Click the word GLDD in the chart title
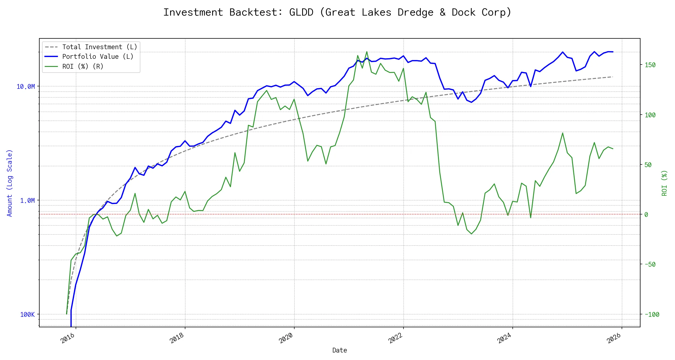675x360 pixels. (x=301, y=12)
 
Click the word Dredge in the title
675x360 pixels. (x=415, y=12)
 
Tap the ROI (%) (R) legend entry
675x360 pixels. (x=83, y=66)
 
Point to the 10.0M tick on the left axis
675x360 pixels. (x=25, y=87)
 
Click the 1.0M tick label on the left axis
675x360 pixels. (x=27, y=200)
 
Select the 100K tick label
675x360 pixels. (x=27, y=314)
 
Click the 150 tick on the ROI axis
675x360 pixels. (x=650, y=65)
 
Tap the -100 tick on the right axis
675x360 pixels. (x=652, y=314)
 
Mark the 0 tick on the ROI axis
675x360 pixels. (x=646, y=214)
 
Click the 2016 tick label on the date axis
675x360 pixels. (x=68, y=338)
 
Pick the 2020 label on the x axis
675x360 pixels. (x=286, y=338)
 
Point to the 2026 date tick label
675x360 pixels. (x=614, y=338)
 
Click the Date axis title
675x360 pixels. (x=340, y=350)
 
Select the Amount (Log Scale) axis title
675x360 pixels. (x=10, y=183)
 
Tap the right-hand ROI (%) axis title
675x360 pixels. (x=664, y=183)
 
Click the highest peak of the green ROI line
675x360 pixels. (x=367, y=52)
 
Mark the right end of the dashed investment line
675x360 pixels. (x=613, y=77)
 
